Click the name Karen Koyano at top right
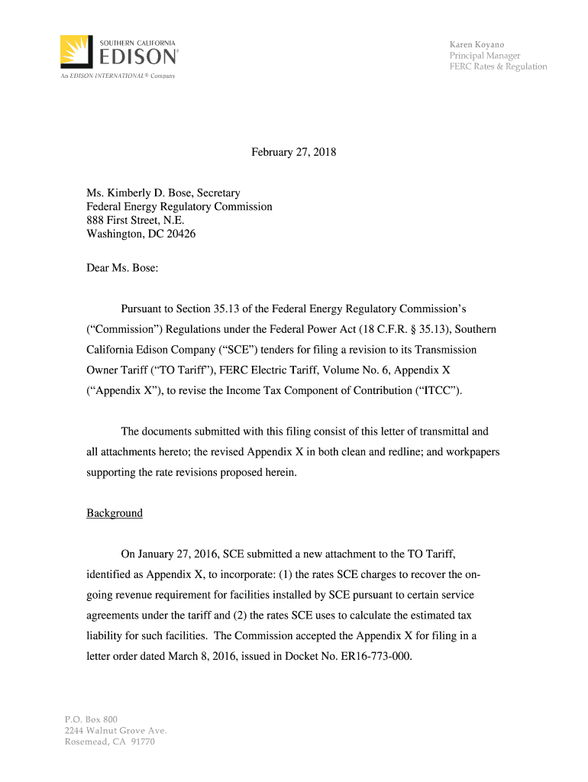(477, 44)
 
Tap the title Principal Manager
(484, 56)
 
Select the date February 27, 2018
(294, 153)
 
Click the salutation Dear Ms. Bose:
(122, 268)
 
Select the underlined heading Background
(115, 513)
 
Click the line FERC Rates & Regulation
(498, 66)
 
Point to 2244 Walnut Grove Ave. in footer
(115, 730)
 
